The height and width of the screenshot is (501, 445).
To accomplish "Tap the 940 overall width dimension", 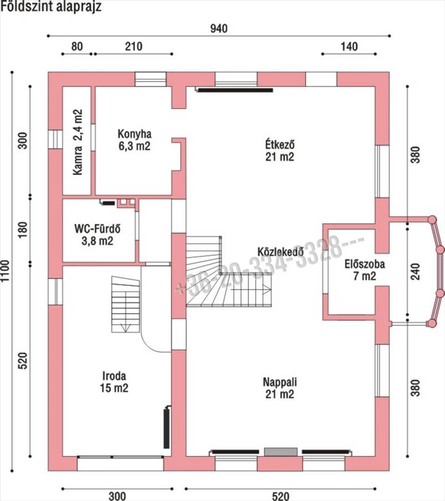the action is point(219,29).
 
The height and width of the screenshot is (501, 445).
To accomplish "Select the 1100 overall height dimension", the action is point(6,271).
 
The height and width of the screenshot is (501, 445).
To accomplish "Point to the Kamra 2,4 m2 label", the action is point(78,142).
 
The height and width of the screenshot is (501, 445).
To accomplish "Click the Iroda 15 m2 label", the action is point(114,381).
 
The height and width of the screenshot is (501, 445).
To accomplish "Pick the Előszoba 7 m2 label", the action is point(365,270).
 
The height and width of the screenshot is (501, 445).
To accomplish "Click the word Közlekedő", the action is point(280,252).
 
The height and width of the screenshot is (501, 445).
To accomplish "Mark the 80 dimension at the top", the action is point(77,47).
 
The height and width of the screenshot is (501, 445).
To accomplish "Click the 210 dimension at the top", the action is point(134,47).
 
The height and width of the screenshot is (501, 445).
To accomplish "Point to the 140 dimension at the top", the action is point(349,47).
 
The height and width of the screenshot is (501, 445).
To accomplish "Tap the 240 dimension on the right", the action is point(415,272).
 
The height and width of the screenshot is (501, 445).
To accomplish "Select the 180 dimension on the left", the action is point(23,230).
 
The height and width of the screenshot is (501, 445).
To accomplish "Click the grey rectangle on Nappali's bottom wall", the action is point(281,451).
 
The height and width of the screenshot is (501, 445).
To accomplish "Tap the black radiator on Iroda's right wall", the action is point(167,427).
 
